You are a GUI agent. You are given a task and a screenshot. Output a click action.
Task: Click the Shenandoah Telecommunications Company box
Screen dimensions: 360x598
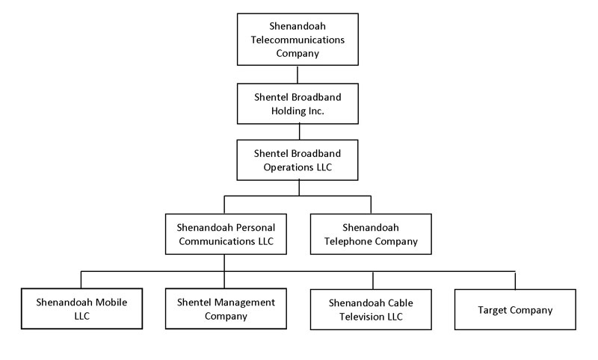[x=298, y=40]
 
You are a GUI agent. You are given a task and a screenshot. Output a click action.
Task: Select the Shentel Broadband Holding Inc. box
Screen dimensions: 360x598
[x=298, y=103]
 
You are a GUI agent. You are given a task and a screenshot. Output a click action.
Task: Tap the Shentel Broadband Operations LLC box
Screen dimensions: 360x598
[x=298, y=159]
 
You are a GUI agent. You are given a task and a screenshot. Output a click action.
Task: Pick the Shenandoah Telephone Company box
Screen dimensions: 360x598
[x=370, y=233]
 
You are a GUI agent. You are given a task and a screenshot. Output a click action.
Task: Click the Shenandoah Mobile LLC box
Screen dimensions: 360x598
[x=81, y=308]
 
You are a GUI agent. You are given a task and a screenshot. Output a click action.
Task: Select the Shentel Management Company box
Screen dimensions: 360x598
[x=226, y=308]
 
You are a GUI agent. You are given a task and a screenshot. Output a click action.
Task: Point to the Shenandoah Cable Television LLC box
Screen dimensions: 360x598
[x=371, y=309]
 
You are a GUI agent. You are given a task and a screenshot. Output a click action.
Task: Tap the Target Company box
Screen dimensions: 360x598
[x=515, y=309]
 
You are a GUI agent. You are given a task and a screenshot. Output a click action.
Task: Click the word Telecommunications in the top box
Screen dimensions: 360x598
[x=298, y=40]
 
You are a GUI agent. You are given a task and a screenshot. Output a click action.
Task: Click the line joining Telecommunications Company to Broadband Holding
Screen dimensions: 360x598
[x=298, y=75]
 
